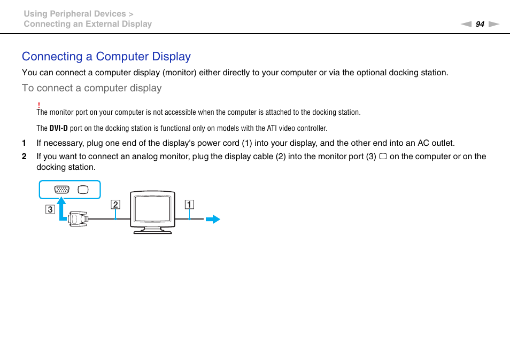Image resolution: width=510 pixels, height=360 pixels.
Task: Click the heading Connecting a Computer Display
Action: click(106, 57)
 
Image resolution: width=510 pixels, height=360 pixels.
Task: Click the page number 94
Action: click(480, 24)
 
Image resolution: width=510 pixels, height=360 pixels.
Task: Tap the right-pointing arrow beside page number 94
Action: click(493, 24)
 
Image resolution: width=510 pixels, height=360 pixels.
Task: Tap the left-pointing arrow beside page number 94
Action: click(466, 24)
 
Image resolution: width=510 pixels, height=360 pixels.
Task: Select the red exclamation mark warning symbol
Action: click(39, 105)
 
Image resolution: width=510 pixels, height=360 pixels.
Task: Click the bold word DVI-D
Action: click(58, 128)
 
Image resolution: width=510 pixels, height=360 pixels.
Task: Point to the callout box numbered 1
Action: click(189, 204)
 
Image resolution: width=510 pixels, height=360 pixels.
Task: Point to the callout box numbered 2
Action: click(115, 204)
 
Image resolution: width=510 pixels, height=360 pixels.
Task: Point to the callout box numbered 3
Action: click(50, 209)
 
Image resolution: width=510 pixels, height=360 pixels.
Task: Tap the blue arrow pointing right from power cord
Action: click(213, 218)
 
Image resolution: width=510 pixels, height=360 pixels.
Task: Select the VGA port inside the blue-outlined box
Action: click(62, 190)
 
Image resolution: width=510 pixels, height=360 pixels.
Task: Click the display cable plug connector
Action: click(79, 218)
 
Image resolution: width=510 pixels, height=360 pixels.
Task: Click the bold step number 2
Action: click(24, 156)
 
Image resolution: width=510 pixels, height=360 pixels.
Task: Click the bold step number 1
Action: click(24, 143)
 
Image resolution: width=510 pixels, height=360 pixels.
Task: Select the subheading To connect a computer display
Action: click(91, 88)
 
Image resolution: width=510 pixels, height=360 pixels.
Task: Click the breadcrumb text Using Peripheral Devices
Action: click(75, 14)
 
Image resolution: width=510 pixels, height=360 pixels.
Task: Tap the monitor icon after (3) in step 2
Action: click(383, 156)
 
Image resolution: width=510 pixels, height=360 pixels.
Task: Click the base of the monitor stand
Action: click(152, 232)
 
